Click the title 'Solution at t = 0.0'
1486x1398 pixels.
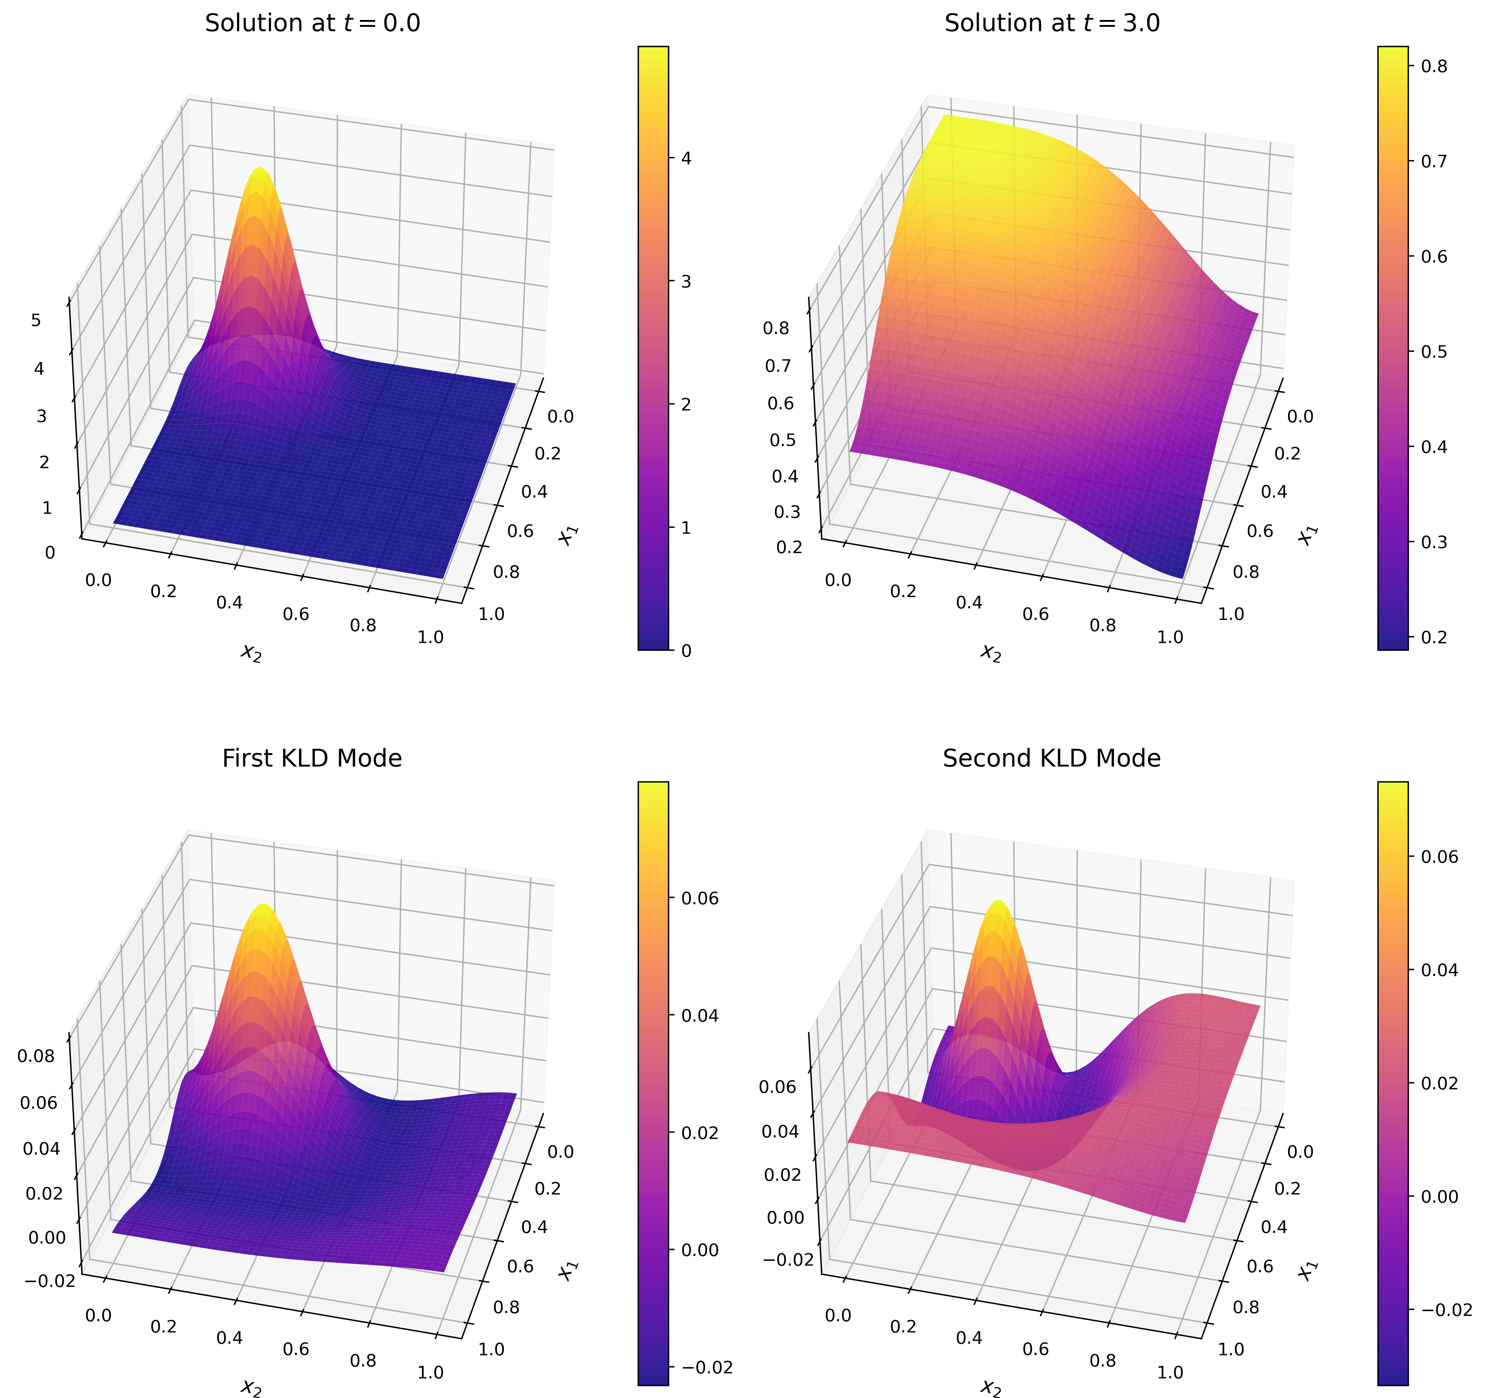312,23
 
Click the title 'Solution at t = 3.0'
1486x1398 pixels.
1052,23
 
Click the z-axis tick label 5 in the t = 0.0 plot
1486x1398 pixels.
36,320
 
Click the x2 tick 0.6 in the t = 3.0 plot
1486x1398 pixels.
1035,614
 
